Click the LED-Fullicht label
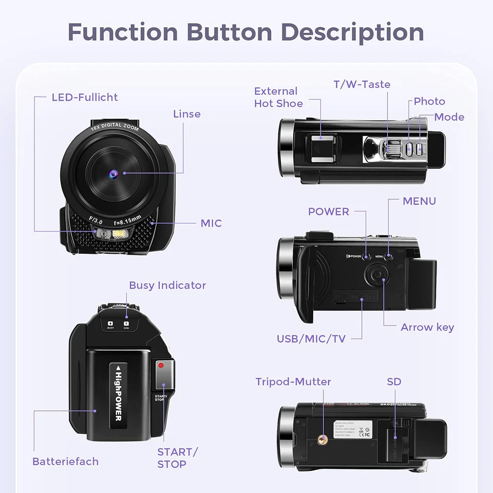click(x=85, y=97)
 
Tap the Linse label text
click(x=187, y=114)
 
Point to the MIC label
click(x=211, y=223)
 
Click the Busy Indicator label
click(x=167, y=286)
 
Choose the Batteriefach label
click(x=65, y=461)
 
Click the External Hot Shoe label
click(x=278, y=97)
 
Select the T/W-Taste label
click(x=362, y=84)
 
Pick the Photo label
click(x=429, y=101)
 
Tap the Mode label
click(x=449, y=117)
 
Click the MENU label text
click(x=419, y=201)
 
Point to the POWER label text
click(x=329, y=212)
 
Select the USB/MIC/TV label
click(x=311, y=339)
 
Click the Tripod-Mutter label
click(x=293, y=382)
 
